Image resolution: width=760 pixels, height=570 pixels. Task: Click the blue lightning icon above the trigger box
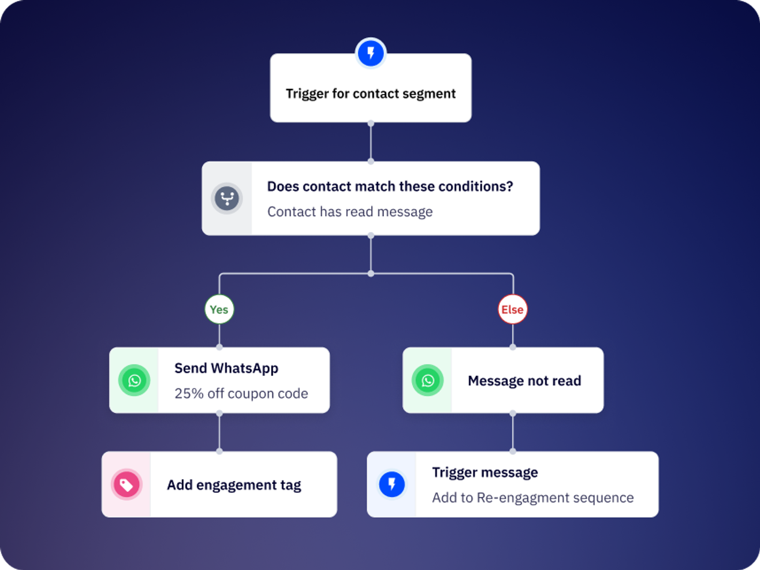[370, 53]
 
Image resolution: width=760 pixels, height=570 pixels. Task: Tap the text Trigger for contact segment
[370, 94]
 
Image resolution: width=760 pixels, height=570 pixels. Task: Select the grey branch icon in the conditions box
[227, 198]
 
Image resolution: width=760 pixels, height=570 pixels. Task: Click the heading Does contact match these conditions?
[390, 186]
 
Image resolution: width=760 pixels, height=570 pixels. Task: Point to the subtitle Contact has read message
[350, 212]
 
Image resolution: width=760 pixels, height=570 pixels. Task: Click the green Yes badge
[219, 309]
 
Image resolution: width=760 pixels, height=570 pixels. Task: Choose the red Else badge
[513, 309]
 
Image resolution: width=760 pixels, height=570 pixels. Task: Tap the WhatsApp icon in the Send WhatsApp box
[134, 380]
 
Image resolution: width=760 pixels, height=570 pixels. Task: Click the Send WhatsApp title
[226, 368]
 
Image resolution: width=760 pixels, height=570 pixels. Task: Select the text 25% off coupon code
[241, 393]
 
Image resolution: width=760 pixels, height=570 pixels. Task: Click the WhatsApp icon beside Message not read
[427, 380]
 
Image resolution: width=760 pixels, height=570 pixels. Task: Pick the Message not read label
[524, 381]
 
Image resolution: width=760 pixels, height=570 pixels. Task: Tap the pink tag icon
[126, 484]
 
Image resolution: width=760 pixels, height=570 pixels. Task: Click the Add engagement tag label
[234, 485]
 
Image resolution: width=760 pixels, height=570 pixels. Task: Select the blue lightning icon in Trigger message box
[391, 484]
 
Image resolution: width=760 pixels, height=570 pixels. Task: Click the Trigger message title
[485, 472]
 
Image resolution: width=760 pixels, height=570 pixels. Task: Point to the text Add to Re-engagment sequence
[533, 498]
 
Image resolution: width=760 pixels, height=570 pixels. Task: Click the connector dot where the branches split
[370, 274]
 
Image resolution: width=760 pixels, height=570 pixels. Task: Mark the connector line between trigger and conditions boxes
[370, 142]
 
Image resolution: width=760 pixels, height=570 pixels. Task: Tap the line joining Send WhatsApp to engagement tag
[219, 432]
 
